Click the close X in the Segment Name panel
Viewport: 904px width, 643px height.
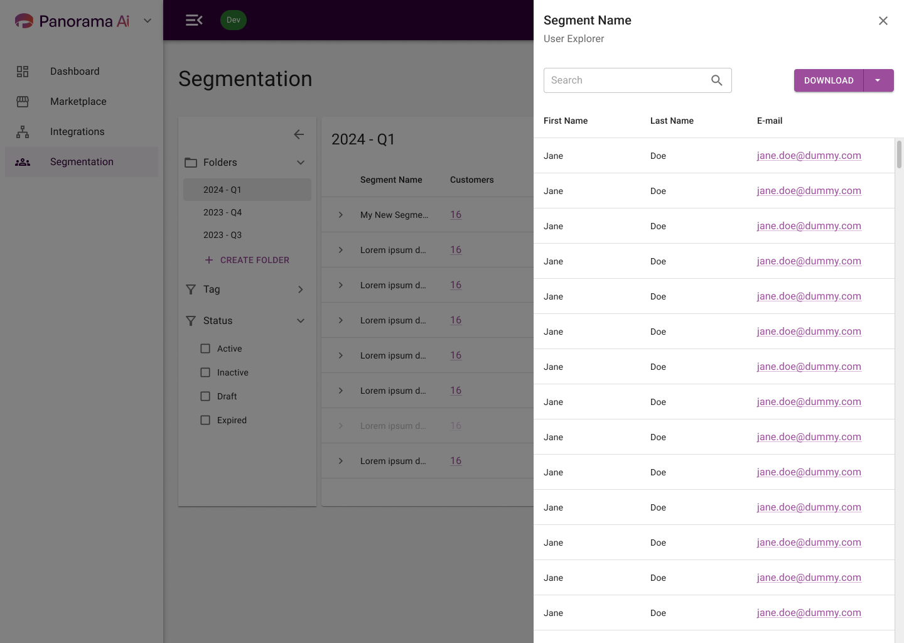pos(883,21)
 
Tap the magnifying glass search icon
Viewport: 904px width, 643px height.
pos(716,80)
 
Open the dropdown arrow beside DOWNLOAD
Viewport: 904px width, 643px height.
pos(878,80)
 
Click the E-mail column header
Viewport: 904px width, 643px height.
pos(769,121)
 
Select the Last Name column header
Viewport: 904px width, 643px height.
pos(672,121)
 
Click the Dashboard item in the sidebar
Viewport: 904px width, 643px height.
pos(75,71)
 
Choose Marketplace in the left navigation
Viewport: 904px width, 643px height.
pos(78,101)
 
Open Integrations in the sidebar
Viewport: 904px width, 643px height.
pos(77,132)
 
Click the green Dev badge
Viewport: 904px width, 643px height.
pos(234,19)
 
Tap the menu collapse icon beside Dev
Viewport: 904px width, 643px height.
pos(194,20)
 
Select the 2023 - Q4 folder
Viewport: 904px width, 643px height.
pos(222,212)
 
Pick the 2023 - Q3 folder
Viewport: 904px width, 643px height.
pos(222,235)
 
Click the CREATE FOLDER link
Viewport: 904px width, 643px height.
pos(247,260)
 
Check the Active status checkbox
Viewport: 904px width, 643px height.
pos(205,349)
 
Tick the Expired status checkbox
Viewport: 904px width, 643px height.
pos(205,420)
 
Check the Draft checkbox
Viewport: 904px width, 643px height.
pos(205,396)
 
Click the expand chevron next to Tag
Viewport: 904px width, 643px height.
pos(300,289)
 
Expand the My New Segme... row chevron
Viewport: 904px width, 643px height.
pos(341,215)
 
